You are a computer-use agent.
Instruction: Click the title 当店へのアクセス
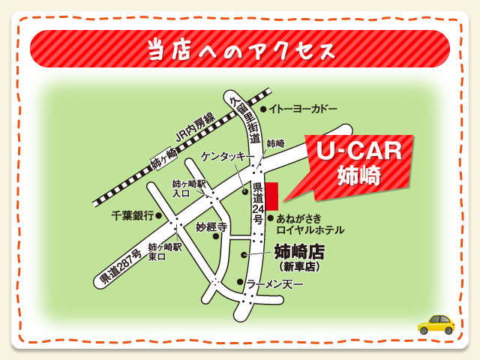pos(239,50)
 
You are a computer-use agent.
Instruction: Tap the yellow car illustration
pos(436,323)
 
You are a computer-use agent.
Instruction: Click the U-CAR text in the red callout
pos(358,151)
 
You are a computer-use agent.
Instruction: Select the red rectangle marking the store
pos(271,196)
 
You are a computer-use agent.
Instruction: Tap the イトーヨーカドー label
pos(303,109)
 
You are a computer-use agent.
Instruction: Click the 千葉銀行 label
pos(132,215)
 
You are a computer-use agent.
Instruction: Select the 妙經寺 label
pos(211,226)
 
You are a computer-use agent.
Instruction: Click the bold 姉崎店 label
pos(299,251)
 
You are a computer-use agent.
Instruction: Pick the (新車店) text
pos(299,266)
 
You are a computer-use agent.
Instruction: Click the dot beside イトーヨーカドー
pos(263,109)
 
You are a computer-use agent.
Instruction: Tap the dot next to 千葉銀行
pos(159,215)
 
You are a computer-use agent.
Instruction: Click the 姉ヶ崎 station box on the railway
pos(164,159)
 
